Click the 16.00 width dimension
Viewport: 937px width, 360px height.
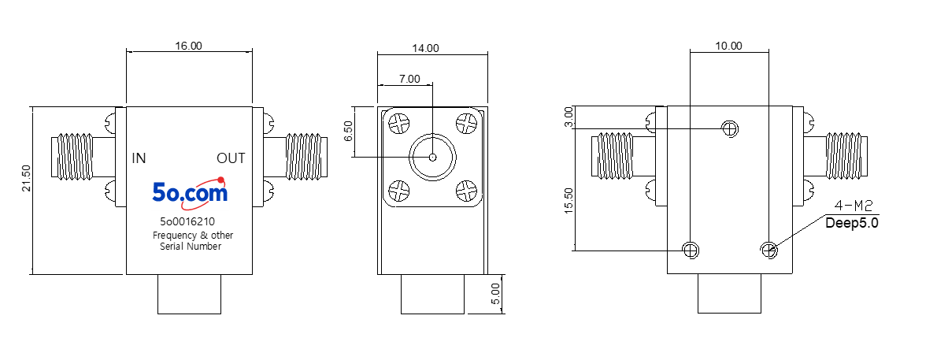(188, 46)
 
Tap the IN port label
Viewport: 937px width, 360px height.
(139, 158)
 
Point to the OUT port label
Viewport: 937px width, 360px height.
(231, 158)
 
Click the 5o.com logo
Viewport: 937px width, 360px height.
(190, 191)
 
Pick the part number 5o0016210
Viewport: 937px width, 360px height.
(187, 221)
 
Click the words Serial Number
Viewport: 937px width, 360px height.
(191, 246)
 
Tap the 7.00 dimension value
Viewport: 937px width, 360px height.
(409, 78)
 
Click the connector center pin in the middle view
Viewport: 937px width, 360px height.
(432, 158)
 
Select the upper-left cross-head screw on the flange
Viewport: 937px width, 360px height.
(398, 124)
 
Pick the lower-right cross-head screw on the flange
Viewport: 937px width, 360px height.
(466, 191)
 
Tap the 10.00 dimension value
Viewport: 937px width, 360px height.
(728, 46)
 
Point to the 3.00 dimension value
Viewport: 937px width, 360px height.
(568, 117)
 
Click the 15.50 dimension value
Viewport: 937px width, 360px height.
(568, 200)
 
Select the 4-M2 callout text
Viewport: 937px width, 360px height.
(854, 206)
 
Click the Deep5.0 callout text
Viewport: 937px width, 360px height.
(851, 224)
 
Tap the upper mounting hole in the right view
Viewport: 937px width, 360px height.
(730, 128)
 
